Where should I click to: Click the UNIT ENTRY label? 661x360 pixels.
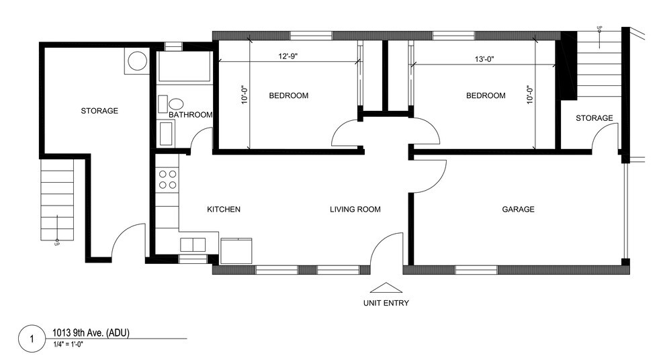386,303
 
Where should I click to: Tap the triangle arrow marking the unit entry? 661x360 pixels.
386,288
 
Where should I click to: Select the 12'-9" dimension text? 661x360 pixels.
288,57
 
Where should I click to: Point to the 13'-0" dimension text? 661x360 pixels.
484,59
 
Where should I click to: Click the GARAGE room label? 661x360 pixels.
518,210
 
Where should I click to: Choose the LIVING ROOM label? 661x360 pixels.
355,210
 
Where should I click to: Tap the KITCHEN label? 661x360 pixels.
223,210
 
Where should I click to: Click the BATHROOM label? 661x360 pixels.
190,115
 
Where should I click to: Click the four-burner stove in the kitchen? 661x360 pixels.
167,179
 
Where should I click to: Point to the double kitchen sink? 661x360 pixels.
192,244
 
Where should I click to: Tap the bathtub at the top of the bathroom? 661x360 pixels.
185,68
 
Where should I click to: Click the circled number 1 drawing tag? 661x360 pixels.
31,339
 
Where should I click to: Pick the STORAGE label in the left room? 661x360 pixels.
99,111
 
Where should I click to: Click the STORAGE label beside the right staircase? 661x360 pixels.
594,118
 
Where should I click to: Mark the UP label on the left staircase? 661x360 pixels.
57,244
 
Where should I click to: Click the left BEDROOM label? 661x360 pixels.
288,96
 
